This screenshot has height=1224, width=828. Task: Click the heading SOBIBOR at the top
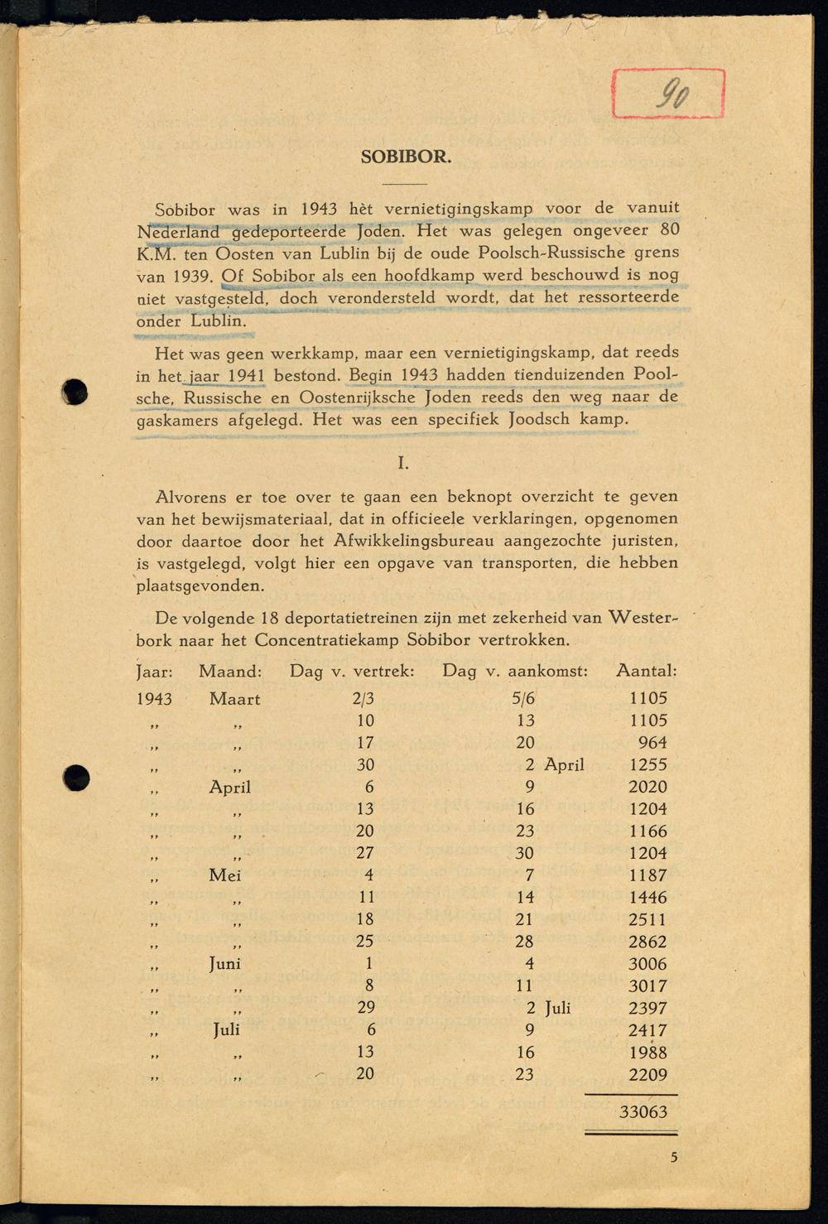click(406, 157)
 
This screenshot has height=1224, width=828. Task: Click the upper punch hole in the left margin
click(75, 391)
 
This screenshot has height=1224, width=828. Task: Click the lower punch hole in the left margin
click(76, 776)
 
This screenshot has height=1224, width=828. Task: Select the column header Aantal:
click(646, 671)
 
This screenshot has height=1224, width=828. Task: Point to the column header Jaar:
click(154, 671)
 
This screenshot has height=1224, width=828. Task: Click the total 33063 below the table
click(643, 1112)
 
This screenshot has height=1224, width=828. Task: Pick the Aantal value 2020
click(647, 787)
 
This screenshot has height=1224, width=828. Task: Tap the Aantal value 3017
click(647, 985)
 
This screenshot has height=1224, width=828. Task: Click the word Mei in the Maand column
click(225, 875)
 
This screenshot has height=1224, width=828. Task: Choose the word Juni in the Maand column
click(224, 964)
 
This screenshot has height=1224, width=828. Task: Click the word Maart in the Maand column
click(235, 699)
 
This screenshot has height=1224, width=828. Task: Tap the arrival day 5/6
click(523, 699)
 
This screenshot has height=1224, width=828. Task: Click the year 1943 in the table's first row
click(154, 699)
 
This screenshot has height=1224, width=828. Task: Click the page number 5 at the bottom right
click(674, 1158)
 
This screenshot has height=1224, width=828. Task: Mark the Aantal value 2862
click(647, 942)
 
